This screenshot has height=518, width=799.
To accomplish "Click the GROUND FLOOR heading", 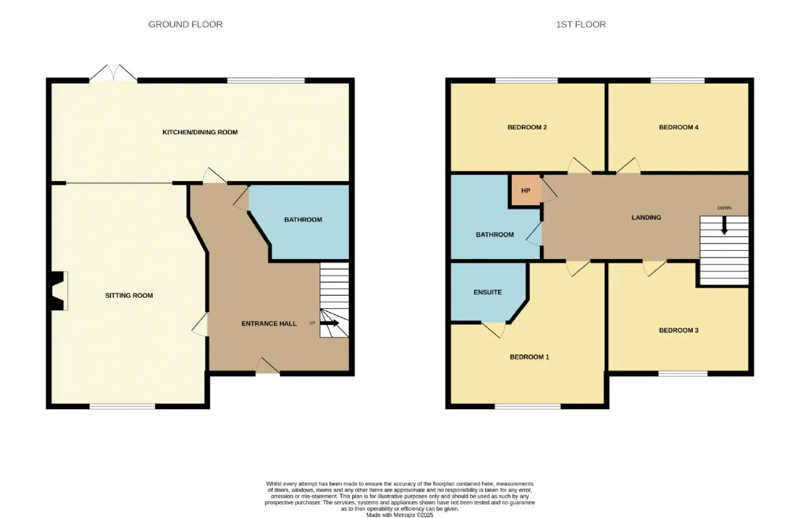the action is click(185, 24).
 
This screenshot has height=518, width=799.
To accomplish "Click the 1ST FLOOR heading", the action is click(581, 24).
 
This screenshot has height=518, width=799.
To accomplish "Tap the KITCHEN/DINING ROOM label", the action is click(200, 132).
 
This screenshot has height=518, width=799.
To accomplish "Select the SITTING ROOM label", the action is click(129, 295).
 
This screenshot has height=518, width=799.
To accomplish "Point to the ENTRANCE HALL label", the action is click(269, 323).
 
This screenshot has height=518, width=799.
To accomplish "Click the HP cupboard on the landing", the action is click(526, 190).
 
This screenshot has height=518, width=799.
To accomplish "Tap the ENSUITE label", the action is click(488, 292).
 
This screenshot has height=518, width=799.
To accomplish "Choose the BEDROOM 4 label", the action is click(679, 127).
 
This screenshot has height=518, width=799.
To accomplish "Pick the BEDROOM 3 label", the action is click(679, 330).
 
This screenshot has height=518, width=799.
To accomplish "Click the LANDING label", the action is click(646, 217).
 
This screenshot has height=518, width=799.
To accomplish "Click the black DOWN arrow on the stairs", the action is click(724, 225).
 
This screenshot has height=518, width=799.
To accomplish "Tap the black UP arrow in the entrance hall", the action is click(329, 323).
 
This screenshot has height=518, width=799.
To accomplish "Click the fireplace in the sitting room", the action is click(59, 291).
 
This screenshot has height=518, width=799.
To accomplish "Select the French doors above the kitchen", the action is click(114, 73).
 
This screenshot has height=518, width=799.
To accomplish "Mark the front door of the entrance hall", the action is click(268, 366).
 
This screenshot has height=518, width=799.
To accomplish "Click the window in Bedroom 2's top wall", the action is click(526, 81).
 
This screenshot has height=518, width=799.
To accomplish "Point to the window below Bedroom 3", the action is click(683, 373).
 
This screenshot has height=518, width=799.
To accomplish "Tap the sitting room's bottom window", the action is click(122, 406).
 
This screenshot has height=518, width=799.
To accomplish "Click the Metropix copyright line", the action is click(399, 515).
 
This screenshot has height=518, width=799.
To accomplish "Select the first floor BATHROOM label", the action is click(495, 235).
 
